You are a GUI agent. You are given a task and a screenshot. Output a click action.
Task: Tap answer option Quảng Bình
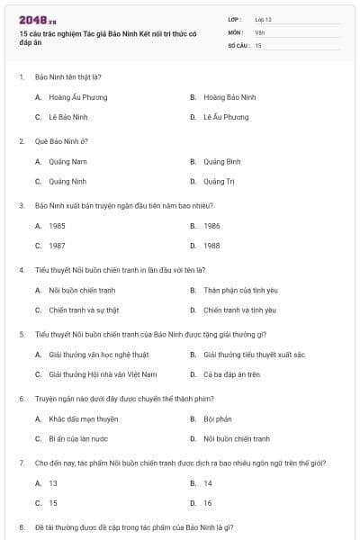tap(221, 161)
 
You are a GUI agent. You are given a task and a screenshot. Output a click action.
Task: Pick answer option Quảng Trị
tap(219, 182)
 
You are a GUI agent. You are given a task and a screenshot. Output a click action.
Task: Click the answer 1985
tap(57, 226)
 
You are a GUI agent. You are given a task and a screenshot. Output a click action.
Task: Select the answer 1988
tap(211, 246)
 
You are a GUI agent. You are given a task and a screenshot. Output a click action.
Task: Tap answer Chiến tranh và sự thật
tap(83, 310)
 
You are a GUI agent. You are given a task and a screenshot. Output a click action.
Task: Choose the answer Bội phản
tap(216, 418)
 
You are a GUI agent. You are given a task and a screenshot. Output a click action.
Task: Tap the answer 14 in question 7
tap(208, 482)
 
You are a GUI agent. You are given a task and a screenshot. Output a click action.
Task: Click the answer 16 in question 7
tap(208, 503)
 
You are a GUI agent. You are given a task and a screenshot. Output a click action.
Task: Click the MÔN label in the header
tap(236, 31)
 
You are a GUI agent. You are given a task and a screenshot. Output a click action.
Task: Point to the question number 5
tap(21, 334)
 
